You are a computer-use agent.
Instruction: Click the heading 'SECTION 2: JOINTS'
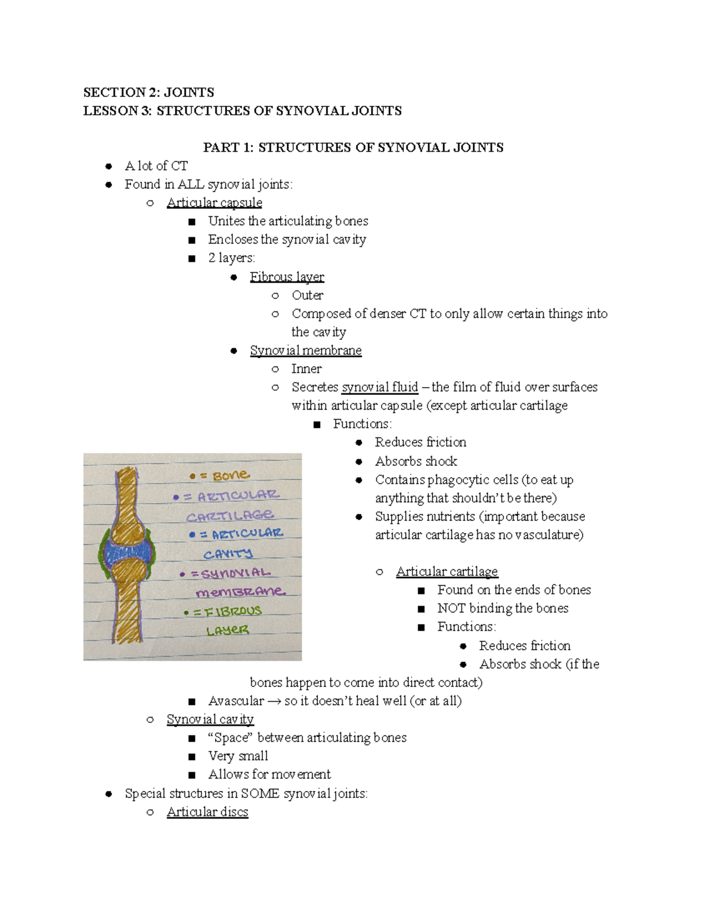[x=148, y=92]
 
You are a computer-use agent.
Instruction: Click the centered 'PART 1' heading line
[x=353, y=147]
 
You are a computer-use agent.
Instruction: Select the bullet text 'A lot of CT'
[x=156, y=166]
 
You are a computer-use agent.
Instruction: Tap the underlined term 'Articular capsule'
[x=214, y=203]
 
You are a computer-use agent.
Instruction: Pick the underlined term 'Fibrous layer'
[x=287, y=277]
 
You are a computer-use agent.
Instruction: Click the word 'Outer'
[x=307, y=295]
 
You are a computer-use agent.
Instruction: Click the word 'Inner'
[x=306, y=369]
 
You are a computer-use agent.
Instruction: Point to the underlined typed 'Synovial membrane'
[x=305, y=351]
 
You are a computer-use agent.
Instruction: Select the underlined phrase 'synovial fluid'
[x=379, y=387]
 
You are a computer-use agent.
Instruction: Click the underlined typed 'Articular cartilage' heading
[x=447, y=572]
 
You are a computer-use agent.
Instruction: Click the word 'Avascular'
[x=236, y=701]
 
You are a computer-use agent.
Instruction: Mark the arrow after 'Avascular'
[x=274, y=702]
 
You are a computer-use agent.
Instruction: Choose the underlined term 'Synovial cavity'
[x=210, y=719]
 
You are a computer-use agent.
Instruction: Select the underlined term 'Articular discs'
[x=207, y=812]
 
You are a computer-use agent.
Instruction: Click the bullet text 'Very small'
[x=238, y=756]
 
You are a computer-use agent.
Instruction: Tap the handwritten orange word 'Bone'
[x=230, y=476]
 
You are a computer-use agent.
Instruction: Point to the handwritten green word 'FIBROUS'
[x=233, y=612]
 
